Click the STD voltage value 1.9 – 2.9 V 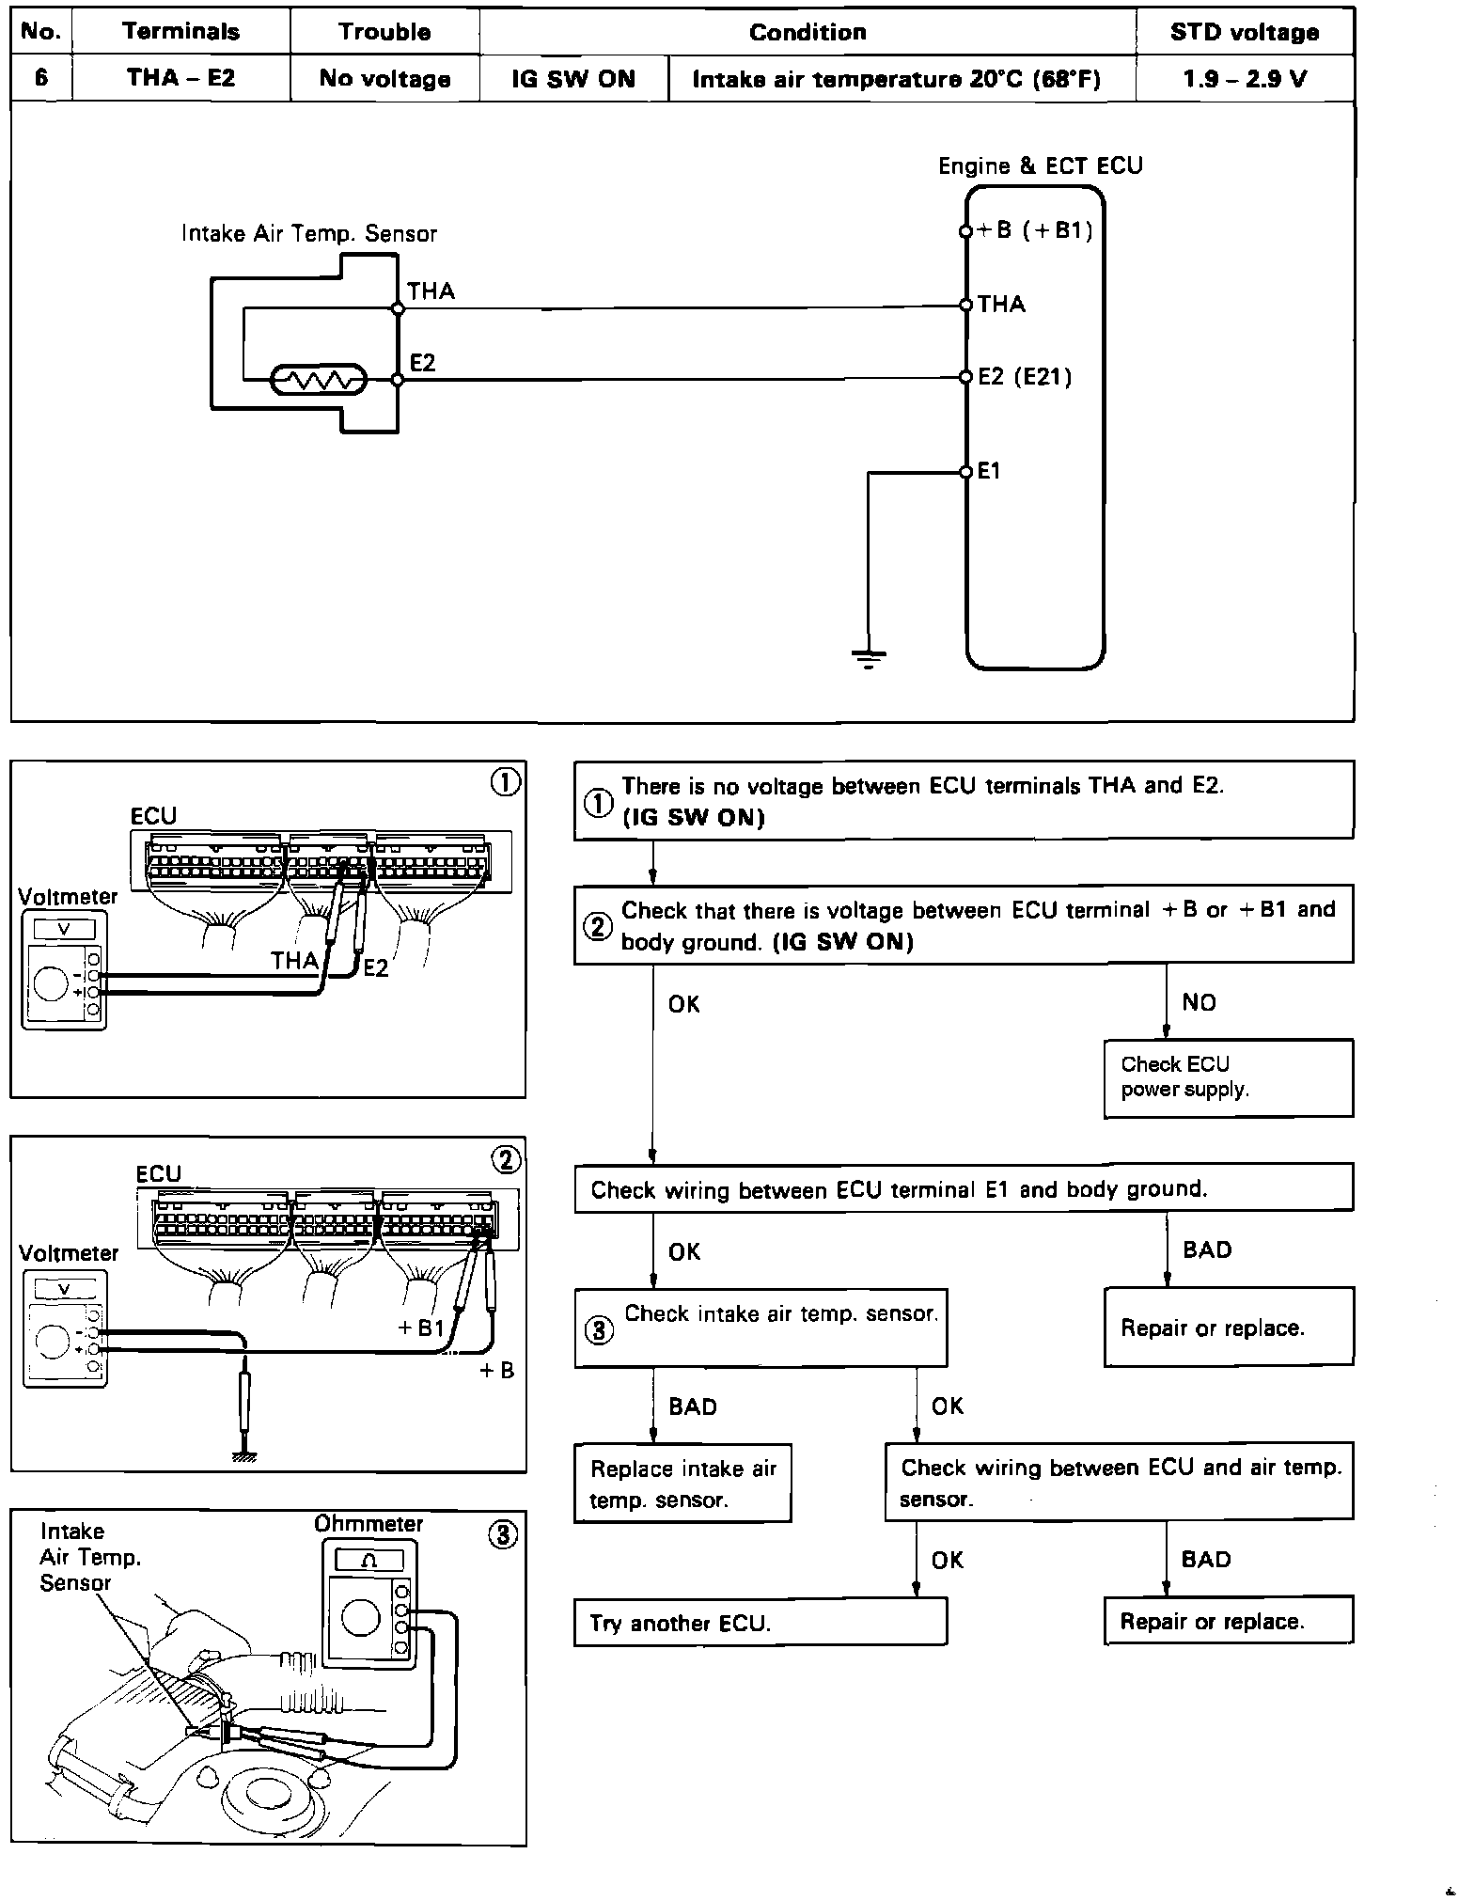point(1245,79)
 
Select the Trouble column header point(384,32)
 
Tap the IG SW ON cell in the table point(573,79)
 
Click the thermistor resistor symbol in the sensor point(318,381)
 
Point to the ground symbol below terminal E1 point(868,658)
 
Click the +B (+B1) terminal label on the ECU point(1035,230)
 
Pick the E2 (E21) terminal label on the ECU point(1025,377)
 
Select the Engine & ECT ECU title point(1040,166)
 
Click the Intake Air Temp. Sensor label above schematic point(309,233)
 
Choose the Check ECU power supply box point(1228,1077)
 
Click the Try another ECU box point(760,1622)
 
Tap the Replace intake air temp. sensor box point(682,1483)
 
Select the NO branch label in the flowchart point(1199,1002)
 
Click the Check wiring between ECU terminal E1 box point(963,1189)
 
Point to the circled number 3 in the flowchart point(600,1330)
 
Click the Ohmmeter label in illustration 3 point(368,1523)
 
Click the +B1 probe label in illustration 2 point(420,1328)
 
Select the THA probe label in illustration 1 point(294,960)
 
